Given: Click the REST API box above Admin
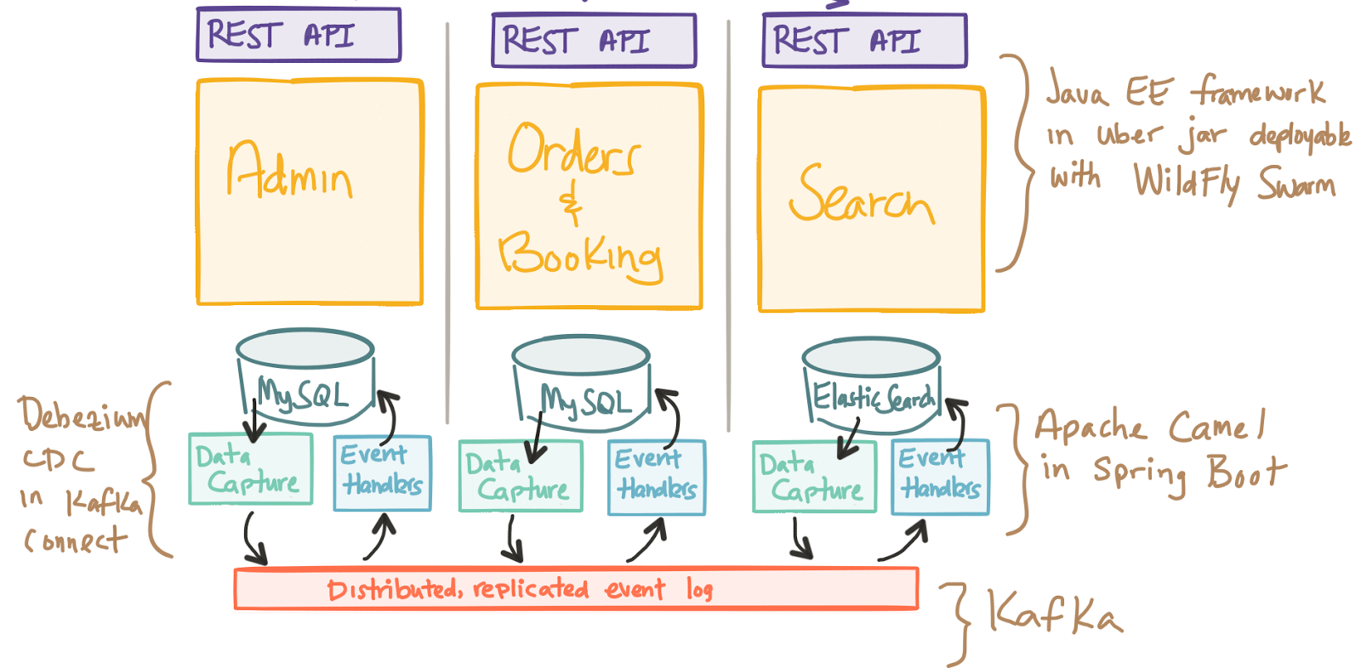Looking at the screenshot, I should [299, 35].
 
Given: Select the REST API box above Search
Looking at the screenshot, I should [864, 40].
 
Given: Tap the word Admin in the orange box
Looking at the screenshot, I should [289, 171].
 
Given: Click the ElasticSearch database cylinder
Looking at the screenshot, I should [871, 381].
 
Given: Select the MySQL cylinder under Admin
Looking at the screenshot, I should [305, 374].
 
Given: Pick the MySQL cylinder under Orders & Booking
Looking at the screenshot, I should [582, 380].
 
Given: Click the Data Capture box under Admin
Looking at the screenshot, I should [250, 469].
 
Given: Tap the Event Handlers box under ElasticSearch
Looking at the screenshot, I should [940, 476].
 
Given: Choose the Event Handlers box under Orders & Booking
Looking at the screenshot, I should [657, 477].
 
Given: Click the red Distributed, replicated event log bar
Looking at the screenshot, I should [576, 589].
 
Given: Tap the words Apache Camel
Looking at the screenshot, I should [1149, 425].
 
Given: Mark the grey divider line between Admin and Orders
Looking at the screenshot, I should [447, 221].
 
